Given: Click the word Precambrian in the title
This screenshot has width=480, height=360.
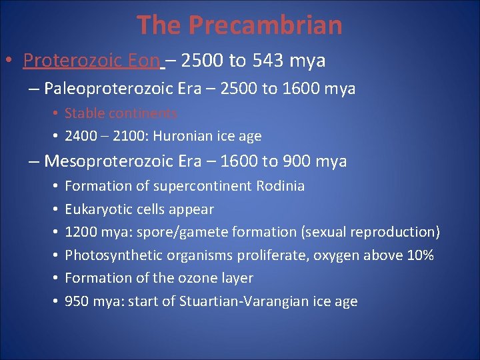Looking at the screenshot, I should [265, 25].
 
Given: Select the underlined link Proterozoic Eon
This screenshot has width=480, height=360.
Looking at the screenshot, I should [91, 61].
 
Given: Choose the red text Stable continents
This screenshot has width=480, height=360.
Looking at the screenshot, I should [121, 113].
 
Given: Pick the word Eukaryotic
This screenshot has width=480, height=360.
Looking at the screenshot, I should [97, 209].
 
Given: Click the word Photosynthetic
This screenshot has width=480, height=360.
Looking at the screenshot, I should [112, 255].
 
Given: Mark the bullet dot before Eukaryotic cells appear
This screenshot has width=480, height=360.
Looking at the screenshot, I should [52, 209].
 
